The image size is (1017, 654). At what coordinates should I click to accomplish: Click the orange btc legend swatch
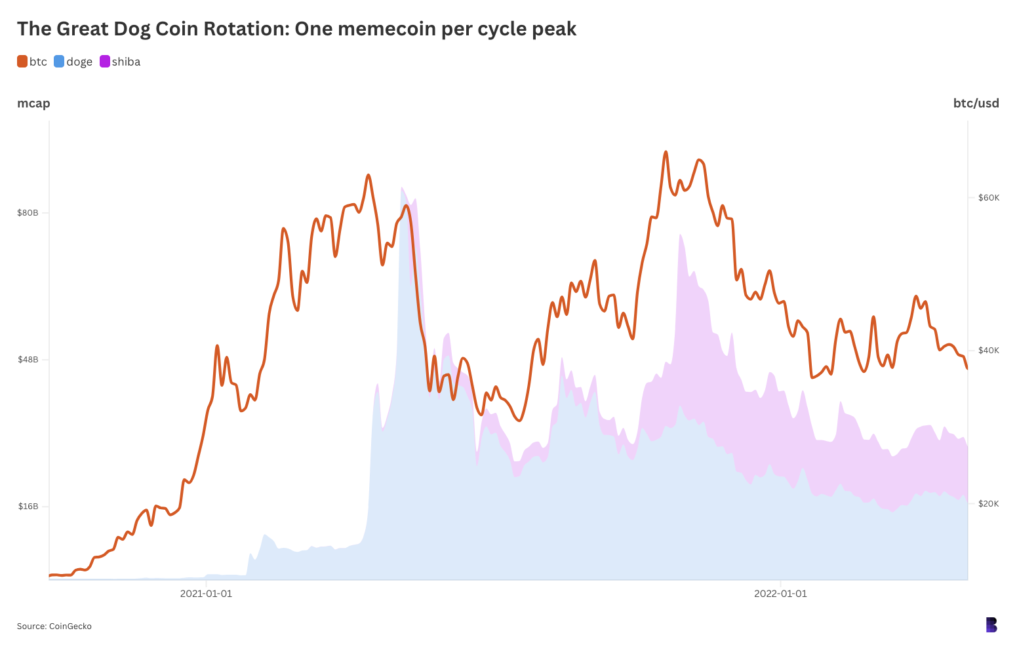pyautogui.click(x=22, y=62)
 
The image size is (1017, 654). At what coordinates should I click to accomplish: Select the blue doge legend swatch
pyautogui.click(x=59, y=62)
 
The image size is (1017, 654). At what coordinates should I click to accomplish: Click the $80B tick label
pyautogui.click(x=28, y=212)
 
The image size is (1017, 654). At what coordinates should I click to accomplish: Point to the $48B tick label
pyautogui.click(x=28, y=359)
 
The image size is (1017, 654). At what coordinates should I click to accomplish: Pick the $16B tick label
pyautogui.click(x=28, y=506)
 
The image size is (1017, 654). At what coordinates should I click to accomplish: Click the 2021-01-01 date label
pyautogui.click(x=206, y=594)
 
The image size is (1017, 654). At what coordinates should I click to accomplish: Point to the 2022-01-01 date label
pyautogui.click(x=780, y=594)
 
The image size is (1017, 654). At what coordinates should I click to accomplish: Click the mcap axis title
pyautogui.click(x=33, y=103)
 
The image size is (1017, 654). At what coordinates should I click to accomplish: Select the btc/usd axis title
pyautogui.click(x=976, y=103)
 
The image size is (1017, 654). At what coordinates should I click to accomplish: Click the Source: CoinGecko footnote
pyautogui.click(x=54, y=626)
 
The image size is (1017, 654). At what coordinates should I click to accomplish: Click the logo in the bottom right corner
pyautogui.click(x=991, y=625)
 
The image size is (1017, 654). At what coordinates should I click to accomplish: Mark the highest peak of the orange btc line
pyautogui.click(x=666, y=152)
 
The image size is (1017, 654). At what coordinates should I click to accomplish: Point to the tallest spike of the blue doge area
pyautogui.click(x=401, y=188)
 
